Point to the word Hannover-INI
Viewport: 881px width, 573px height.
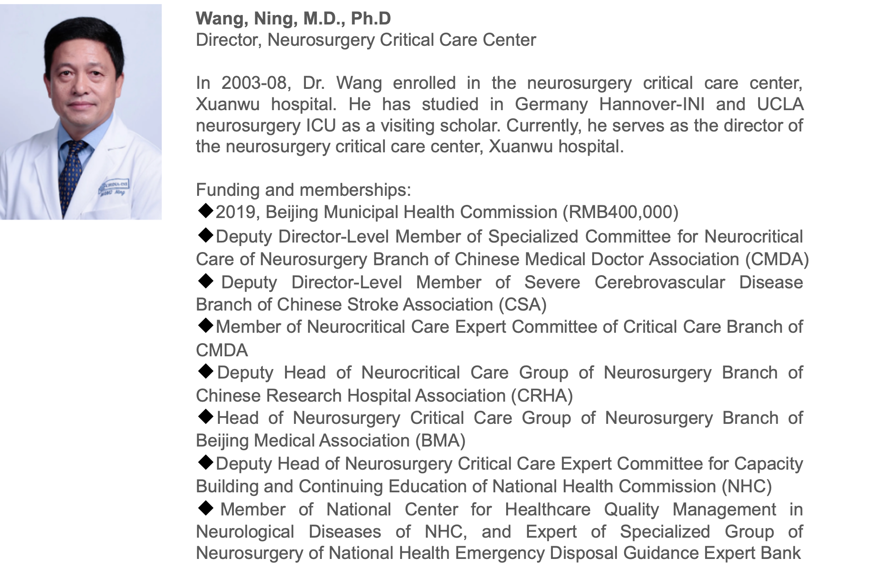coord(652,104)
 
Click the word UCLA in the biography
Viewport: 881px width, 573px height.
coord(780,104)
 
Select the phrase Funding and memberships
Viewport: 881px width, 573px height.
coord(303,189)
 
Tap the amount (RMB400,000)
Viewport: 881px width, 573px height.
coord(620,212)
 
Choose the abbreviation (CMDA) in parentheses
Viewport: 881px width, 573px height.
coord(777,259)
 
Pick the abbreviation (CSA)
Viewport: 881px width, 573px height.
coord(523,305)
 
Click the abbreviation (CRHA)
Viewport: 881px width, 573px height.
coord(542,396)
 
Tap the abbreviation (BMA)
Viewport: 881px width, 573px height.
coord(440,441)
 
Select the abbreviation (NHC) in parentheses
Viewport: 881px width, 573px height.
coord(746,486)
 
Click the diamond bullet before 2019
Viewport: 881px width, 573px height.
coord(206,211)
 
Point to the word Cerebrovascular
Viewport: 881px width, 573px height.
coord(659,282)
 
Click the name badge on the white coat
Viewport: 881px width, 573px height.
coord(114,187)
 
